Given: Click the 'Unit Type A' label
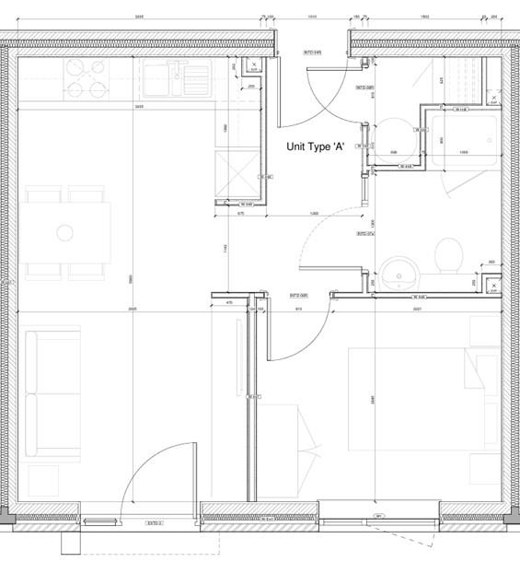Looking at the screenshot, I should click(x=315, y=146).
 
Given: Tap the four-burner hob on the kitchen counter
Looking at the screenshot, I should click(x=85, y=78).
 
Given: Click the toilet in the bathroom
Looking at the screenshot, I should click(x=448, y=255).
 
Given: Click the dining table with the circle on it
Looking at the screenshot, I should click(x=64, y=232).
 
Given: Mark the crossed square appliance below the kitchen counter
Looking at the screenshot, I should click(x=236, y=171).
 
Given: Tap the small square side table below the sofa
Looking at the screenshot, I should click(x=42, y=480).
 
